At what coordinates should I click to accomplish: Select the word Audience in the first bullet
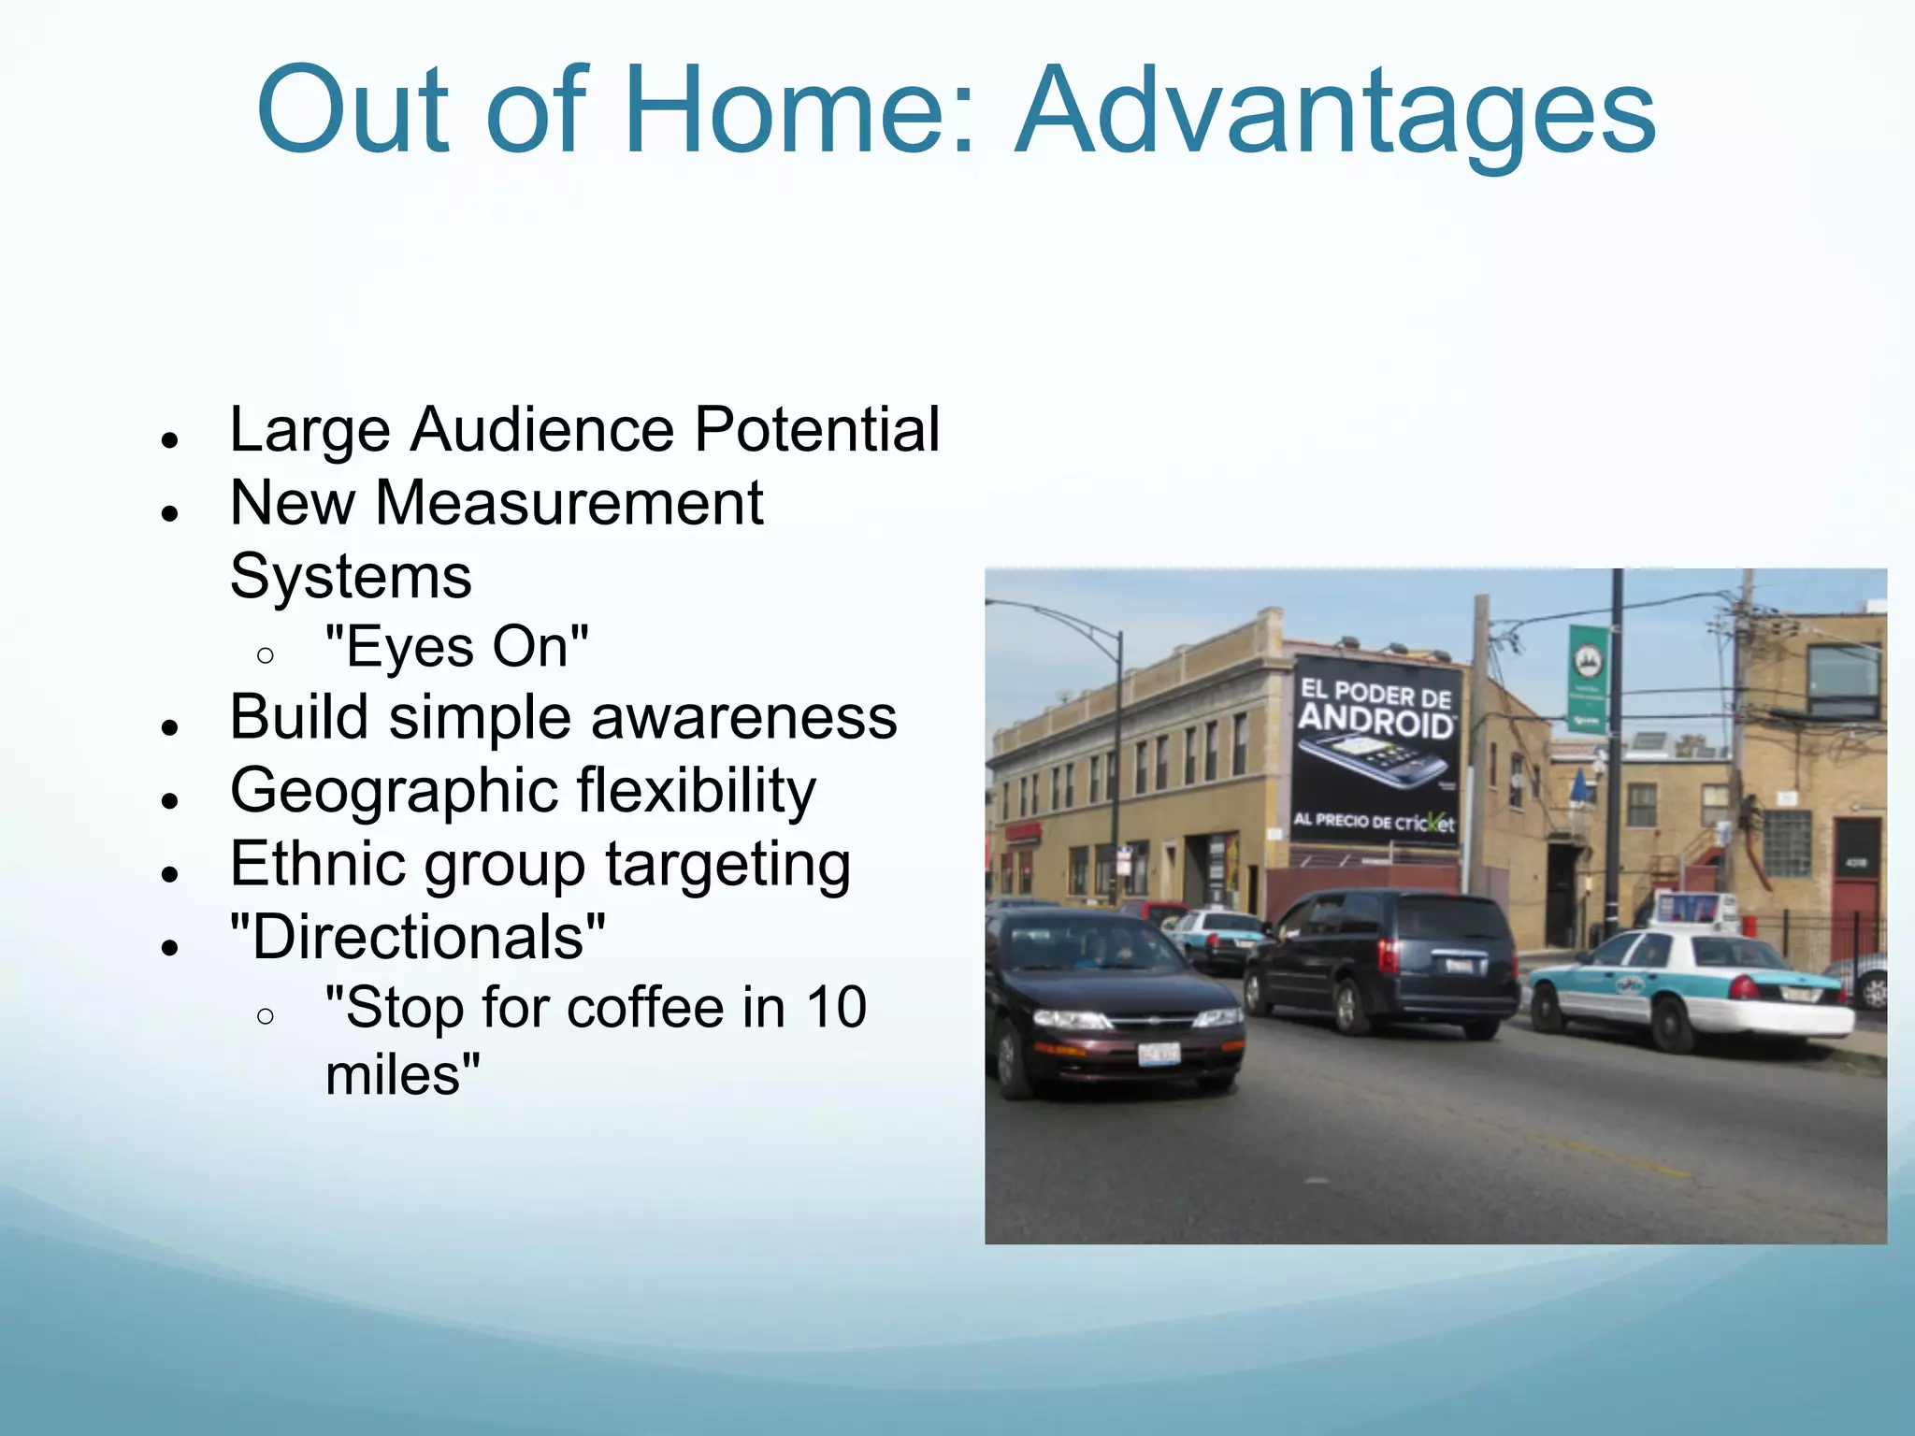(541, 430)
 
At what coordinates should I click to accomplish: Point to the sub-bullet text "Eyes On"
(456, 647)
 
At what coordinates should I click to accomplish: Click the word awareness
(743, 718)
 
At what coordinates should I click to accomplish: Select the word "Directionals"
(418, 937)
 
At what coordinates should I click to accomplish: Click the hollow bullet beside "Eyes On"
(266, 655)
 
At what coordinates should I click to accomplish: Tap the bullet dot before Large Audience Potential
(169, 439)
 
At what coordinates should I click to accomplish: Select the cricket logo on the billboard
(1425, 823)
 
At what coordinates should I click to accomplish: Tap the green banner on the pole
(1589, 678)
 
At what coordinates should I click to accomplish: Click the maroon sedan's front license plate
(1159, 1055)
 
